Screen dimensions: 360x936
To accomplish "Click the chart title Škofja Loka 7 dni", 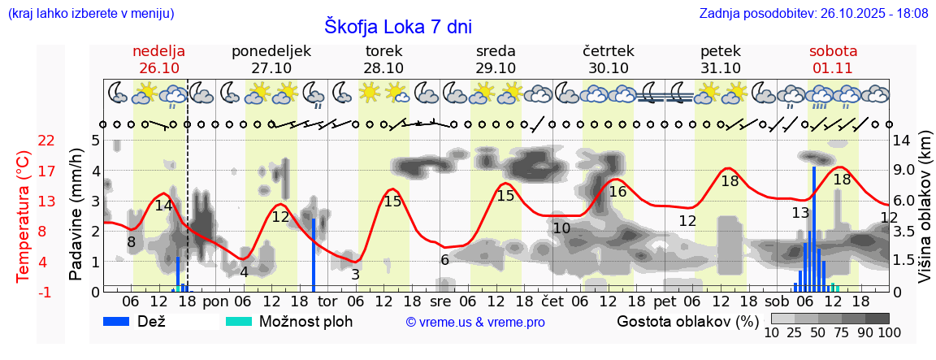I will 397,25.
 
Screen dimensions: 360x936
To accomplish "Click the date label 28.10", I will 383,68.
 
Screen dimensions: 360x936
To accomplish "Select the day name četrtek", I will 609,51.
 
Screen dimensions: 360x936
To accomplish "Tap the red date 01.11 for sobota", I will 833,68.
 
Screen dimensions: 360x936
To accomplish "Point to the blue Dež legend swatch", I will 122,321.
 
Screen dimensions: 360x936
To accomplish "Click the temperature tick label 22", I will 47,141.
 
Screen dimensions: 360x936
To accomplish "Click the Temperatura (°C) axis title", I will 24,216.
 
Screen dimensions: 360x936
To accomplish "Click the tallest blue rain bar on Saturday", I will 814,228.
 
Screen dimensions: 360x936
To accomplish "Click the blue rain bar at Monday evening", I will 314,254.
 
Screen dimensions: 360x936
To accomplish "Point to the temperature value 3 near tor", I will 355,275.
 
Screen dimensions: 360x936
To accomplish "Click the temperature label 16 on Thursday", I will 617,192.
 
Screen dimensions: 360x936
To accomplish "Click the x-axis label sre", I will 440,301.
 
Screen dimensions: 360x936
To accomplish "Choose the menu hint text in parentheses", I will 90,13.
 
